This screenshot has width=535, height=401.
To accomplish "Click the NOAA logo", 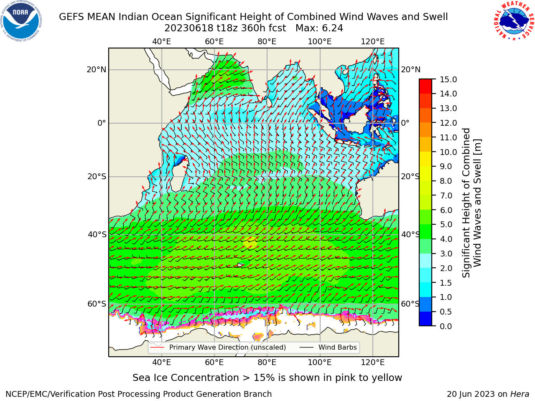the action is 21,21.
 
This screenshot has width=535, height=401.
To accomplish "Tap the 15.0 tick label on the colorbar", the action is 448,79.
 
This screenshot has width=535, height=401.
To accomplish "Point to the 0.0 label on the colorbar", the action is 446,326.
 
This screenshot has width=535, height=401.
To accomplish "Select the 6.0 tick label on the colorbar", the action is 446,210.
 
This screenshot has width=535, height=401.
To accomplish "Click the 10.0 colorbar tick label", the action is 448,152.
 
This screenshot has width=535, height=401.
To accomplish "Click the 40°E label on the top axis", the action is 161,42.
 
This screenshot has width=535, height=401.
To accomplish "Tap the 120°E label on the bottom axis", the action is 372,362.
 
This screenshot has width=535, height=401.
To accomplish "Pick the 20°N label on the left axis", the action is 97,70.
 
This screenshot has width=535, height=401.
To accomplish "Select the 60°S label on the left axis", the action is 97,304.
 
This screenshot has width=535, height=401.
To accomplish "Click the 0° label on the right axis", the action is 405,123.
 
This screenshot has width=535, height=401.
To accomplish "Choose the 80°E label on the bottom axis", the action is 267,362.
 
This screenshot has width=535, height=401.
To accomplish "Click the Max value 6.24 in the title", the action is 332,28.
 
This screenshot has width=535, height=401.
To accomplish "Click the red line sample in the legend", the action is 157,347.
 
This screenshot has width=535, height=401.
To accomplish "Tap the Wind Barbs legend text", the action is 338,347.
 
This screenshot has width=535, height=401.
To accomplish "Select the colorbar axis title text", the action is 471,203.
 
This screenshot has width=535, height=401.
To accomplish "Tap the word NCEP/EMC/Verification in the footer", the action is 51,394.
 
